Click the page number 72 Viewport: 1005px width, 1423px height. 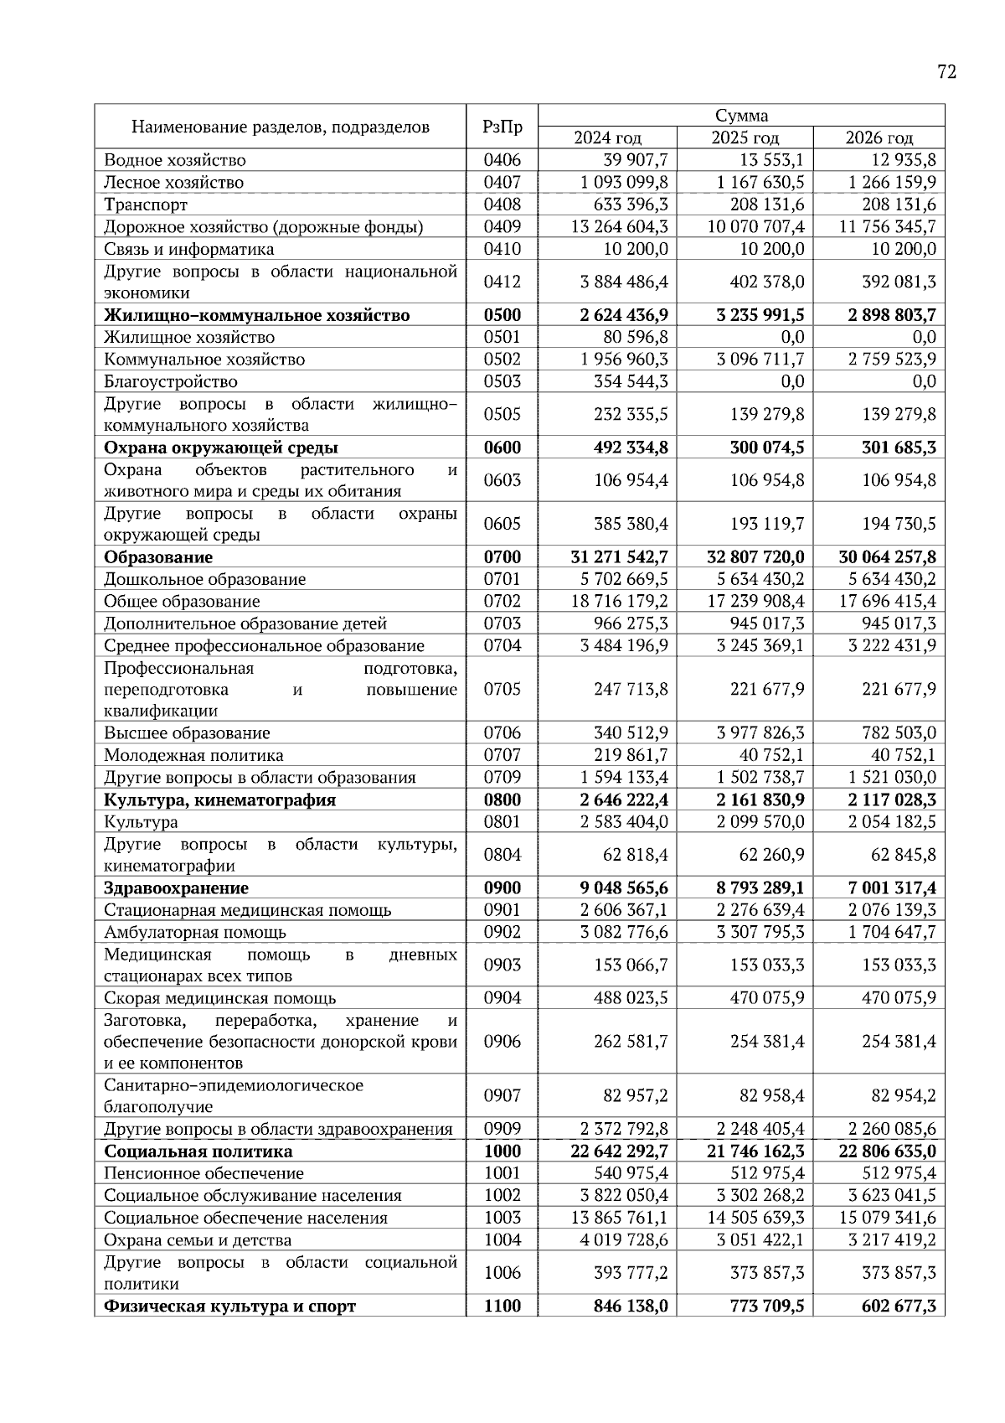[x=946, y=72]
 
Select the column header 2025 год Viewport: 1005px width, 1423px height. [x=745, y=138]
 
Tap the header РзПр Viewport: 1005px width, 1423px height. [x=502, y=127]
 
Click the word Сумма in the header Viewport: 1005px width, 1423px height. [x=741, y=116]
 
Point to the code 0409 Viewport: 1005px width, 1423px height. [x=502, y=227]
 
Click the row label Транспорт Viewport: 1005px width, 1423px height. [x=146, y=205]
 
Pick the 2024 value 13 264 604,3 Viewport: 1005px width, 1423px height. [x=620, y=227]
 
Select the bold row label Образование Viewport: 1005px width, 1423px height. [x=158, y=557]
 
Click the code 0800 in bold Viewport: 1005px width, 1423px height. [x=502, y=800]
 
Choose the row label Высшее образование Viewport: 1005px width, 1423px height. [x=187, y=733]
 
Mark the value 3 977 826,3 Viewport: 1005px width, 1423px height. [x=760, y=733]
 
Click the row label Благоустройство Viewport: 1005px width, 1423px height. [x=171, y=382]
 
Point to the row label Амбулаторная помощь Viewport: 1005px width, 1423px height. [x=195, y=933]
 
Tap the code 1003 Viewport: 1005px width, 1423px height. [x=502, y=1219]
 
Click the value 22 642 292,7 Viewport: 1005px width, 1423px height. [x=620, y=1152]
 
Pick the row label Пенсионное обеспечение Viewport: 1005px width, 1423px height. [x=204, y=1174]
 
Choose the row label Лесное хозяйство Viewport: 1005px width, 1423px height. [x=173, y=183]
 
